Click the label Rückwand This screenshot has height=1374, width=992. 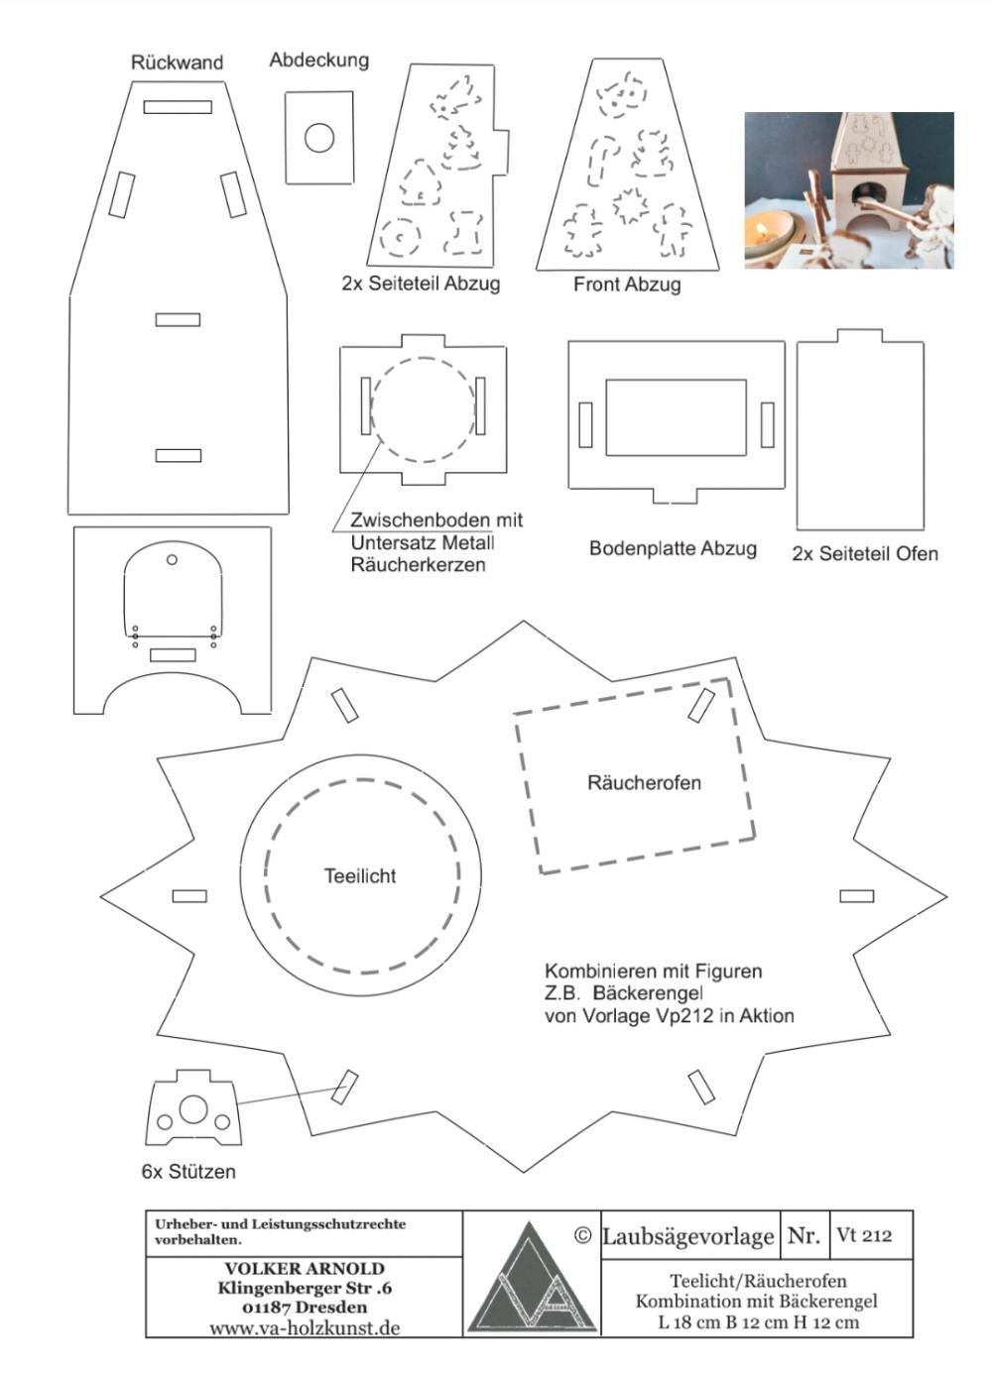point(177,62)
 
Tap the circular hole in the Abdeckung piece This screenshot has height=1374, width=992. point(319,138)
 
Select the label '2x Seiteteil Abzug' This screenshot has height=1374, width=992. point(422,284)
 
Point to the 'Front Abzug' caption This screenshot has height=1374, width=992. point(627,284)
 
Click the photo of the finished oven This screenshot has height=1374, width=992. point(849,190)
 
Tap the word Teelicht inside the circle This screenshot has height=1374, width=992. point(360,875)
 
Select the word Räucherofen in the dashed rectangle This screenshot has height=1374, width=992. point(644,783)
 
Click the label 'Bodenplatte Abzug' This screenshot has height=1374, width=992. point(673,548)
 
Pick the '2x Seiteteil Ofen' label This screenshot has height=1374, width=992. point(865,554)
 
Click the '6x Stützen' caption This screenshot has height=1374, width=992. point(188,1172)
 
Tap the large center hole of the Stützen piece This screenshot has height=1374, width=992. point(193,1109)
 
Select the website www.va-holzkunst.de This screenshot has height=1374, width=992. point(305,1328)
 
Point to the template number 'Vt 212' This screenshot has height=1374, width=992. point(864,1235)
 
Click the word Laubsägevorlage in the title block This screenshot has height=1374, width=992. point(688,1236)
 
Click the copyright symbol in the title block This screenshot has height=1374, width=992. point(582,1235)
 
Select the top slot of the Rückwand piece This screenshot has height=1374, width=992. point(178,107)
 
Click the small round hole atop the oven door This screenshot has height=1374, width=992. point(172,559)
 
